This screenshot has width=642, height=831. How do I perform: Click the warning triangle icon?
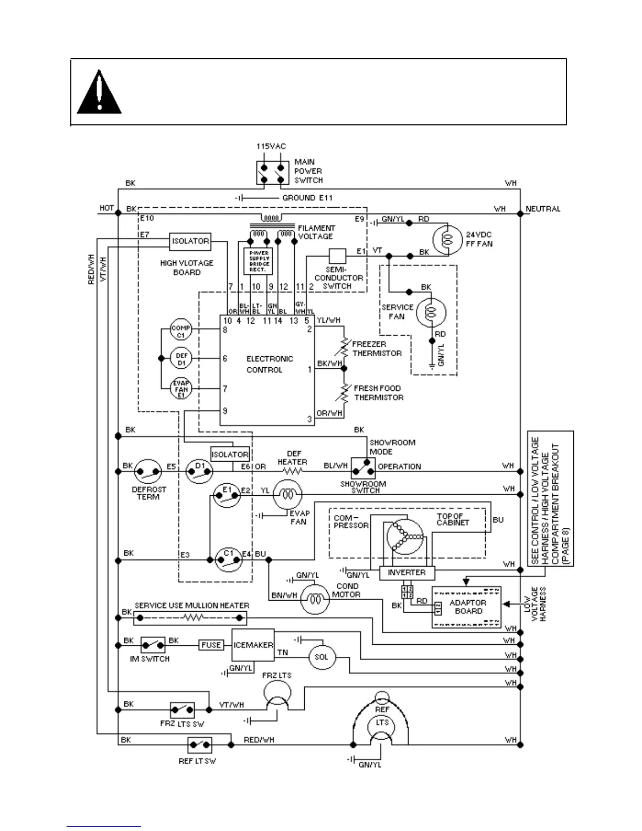[x=99, y=93]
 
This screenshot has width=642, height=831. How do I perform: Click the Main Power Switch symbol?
[x=273, y=173]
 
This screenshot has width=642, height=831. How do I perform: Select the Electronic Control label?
[x=269, y=364]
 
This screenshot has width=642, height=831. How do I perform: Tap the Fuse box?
[x=211, y=645]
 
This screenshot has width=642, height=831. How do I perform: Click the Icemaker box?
[x=253, y=645]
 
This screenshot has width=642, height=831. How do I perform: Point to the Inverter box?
[x=406, y=572]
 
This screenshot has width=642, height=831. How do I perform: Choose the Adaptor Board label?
[x=468, y=607]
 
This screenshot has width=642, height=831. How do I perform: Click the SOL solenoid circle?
[x=322, y=657]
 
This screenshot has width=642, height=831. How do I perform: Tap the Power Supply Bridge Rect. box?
[x=259, y=261]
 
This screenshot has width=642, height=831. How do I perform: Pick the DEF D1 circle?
[x=181, y=359]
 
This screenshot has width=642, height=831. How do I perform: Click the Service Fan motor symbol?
[x=431, y=313]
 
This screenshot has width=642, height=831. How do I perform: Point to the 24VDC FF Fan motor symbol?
[x=447, y=239]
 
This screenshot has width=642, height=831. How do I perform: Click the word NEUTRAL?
[x=543, y=209]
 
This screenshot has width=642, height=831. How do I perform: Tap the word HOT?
[x=107, y=208]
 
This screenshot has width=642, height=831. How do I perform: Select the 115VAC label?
[x=271, y=146]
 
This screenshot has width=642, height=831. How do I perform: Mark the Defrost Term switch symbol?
[x=148, y=472]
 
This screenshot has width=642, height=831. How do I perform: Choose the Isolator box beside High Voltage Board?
[x=190, y=241]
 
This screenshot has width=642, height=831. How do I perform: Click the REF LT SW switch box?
[x=200, y=744]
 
